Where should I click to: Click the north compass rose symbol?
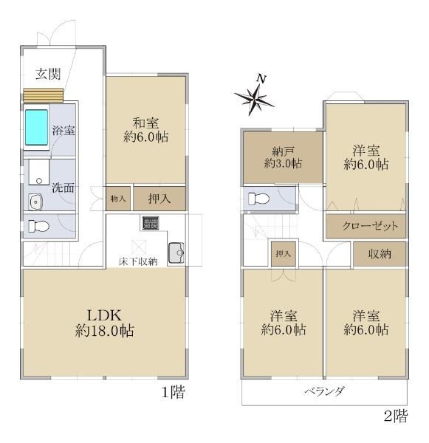click(x=255, y=96)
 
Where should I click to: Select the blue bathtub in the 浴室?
click(x=35, y=127)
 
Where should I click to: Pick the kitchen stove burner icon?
click(x=151, y=224)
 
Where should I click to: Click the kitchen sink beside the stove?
click(x=176, y=253)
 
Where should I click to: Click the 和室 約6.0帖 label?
click(x=144, y=130)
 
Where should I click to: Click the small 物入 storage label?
click(x=118, y=199)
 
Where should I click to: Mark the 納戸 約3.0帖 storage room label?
click(x=284, y=157)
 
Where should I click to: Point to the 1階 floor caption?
click(x=173, y=392)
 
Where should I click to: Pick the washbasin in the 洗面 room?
click(x=35, y=201)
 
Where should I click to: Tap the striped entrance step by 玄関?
click(x=43, y=96)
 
